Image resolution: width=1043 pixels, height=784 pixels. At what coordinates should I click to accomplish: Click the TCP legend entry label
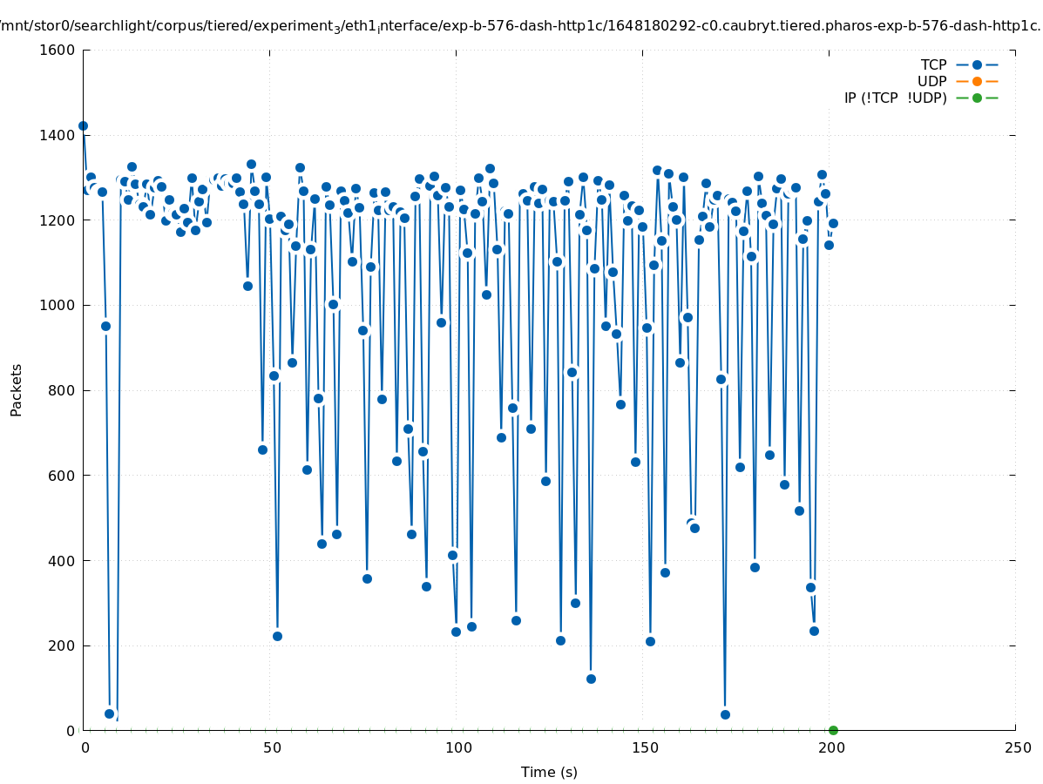tap(933, 64)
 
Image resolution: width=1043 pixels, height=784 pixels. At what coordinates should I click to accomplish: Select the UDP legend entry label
tap(931, 81)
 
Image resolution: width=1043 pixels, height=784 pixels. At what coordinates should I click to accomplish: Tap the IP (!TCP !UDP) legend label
tap(895, 98)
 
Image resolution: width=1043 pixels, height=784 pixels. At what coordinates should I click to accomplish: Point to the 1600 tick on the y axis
tap(58, 51)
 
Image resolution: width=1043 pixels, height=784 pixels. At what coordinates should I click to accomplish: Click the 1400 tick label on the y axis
tap(58, 135)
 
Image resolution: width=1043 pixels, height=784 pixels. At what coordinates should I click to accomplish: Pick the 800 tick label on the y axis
tap(61, 390)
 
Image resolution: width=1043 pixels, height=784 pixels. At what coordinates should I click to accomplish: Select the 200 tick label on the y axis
tap(61, 645)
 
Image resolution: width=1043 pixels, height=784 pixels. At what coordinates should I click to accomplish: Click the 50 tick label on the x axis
tap(272, 748)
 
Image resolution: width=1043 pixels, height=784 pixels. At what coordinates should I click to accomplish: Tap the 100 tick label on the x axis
tap(458, 748)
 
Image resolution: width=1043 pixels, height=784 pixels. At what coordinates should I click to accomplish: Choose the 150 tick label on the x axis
tap(645, 748)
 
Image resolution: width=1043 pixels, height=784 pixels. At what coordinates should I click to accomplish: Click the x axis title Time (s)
tap(549, 772)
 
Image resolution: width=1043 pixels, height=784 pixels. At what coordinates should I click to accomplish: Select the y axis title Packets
tap(17, 389)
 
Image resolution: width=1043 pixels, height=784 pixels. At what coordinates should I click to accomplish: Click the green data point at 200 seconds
tap(833, 730)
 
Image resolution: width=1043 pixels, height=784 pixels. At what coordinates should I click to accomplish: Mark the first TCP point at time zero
tap(83, 125)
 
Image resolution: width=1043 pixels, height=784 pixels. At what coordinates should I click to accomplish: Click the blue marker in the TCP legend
tap(977, 64)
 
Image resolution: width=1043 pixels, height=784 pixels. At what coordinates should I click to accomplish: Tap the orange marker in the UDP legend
tap(977, 81)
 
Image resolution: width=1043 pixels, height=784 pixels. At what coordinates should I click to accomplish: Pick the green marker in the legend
tap(977, 98)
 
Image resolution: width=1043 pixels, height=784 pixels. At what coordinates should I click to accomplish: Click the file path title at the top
tap(521, 26)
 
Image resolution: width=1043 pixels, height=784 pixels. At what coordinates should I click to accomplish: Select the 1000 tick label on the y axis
tap(58, 305)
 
